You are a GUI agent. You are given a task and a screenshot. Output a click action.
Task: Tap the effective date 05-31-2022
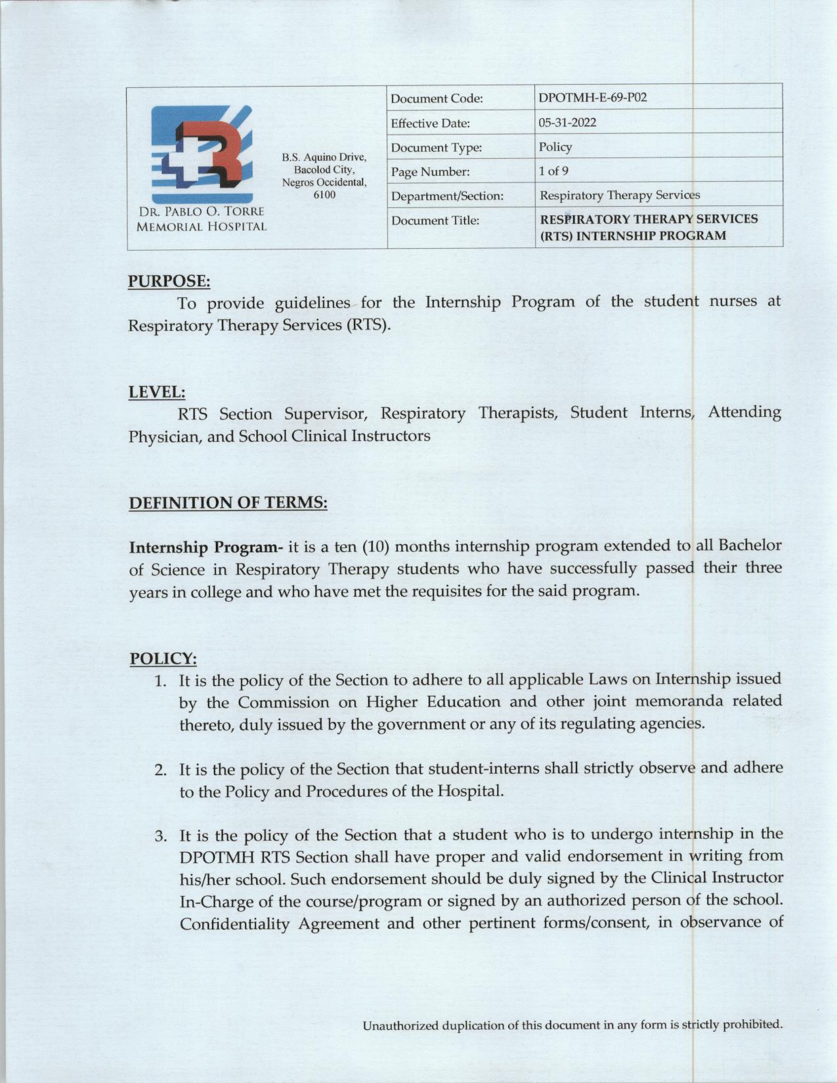(567, 123)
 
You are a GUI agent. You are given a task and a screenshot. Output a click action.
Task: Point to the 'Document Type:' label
(436, 148)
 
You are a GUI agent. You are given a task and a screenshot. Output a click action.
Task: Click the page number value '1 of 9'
(553, 171)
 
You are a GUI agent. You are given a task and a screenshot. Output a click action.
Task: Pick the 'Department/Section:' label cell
(447, 196)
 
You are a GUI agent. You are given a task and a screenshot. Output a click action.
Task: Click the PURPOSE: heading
(169, 282)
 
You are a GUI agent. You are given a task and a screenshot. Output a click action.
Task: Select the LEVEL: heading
(156, 393)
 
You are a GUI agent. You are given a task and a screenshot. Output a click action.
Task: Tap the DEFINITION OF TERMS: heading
(228, 503)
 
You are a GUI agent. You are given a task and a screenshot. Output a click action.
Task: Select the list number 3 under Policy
(160, 836)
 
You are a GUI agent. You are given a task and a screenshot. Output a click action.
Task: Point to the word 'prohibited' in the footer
(752, 1025)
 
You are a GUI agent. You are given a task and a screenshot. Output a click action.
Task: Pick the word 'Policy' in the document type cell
(555, 147)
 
